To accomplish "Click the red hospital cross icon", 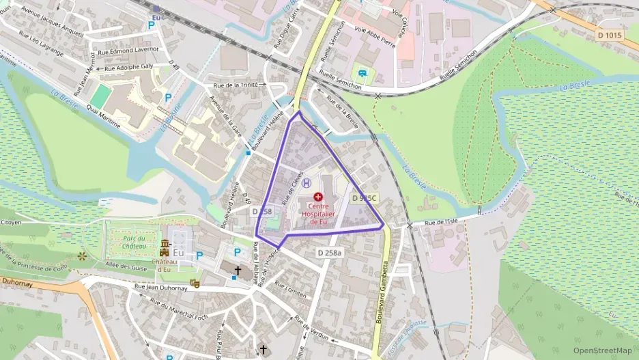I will coord(318,196).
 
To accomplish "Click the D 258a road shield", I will coord(330,253).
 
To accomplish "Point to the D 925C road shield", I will coord(365,197).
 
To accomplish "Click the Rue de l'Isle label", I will coord(440,222).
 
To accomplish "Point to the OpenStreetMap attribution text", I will coord(602,350).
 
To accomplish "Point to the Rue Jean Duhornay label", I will coord(161,288).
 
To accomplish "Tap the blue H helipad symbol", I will coord(307,182).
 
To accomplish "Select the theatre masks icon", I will coord(195,281).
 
